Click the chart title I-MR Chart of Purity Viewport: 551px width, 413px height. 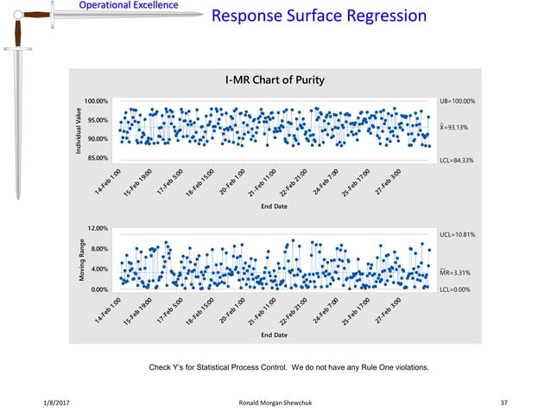coord(275,81)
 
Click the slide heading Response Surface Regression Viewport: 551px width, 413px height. coord(320,16)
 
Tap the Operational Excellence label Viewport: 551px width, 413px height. coord(129,6)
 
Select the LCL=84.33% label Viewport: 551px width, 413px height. coord(457,161)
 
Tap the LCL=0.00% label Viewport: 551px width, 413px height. coord(455,290)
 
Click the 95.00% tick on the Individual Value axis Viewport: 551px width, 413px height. coord(97,120)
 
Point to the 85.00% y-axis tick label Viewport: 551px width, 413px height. coord(97,158)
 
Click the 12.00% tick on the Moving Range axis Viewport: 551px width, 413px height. coord(97,228)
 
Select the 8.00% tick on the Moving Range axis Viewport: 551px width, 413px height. coord(98,249)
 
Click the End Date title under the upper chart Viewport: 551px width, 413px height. coord(275,206)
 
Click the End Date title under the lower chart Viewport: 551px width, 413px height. coord(275,334)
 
